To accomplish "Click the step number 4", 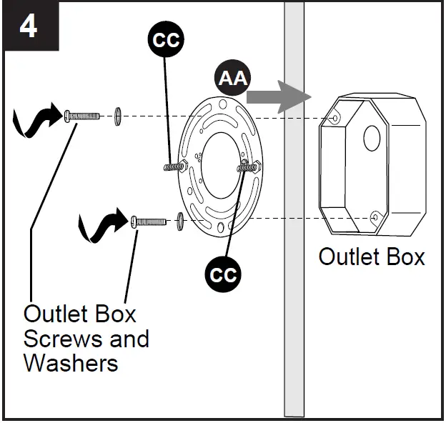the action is coord(29,27).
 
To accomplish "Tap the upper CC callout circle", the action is coord(166,39).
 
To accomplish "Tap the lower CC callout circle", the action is coord(223,274).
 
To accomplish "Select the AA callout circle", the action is coord(233,78).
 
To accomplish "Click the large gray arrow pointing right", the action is coord(279,97).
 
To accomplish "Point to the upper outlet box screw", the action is coord(82,116).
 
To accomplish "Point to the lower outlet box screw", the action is coord(149,222).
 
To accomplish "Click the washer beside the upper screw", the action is coord(117,116).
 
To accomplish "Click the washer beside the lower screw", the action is coord(180,221).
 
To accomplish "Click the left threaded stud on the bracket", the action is coord(176,166).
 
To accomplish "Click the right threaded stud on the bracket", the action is coord(249,167).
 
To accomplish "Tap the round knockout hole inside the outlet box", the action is coord(372,138).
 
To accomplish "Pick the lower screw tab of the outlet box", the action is coord(375,218).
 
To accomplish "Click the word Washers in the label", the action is coord(71,363).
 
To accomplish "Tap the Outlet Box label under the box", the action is coord(372,257).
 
